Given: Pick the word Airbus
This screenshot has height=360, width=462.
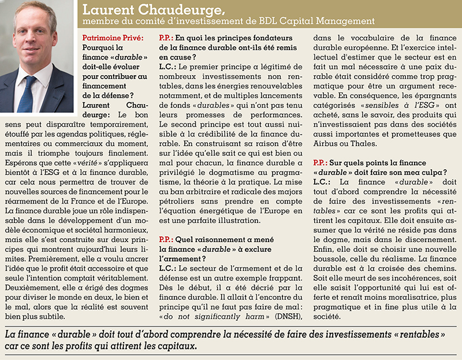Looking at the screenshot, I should coord(329,143).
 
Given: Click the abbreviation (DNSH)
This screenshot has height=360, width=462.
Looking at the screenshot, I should coord(286,317).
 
